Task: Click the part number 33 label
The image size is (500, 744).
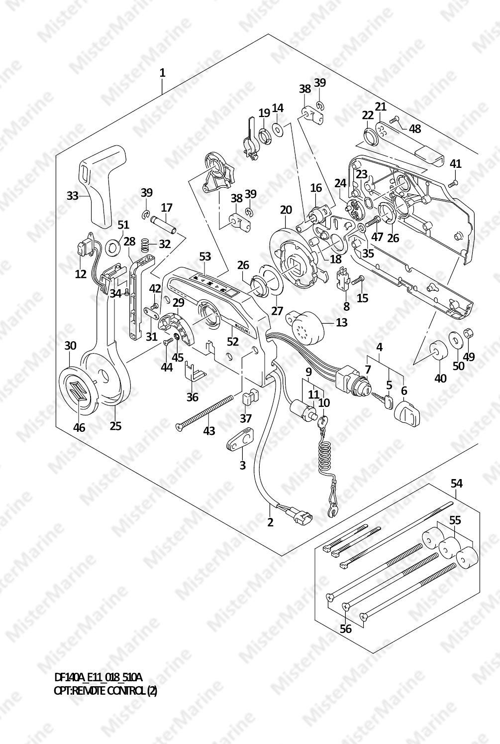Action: coord(72,196)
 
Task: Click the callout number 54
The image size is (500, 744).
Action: coord(457,484)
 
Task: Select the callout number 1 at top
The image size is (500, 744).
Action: coord(162,73)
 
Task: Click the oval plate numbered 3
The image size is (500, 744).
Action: coord(240,439)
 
